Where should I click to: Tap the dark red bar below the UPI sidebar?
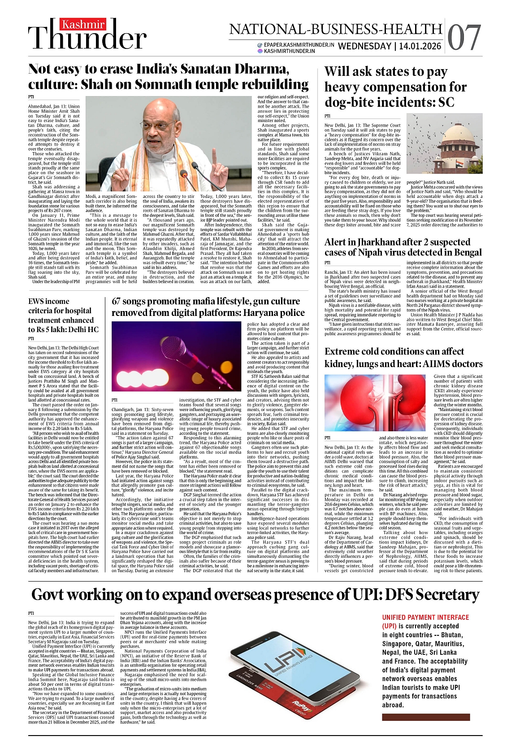click(x=426, y=717)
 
